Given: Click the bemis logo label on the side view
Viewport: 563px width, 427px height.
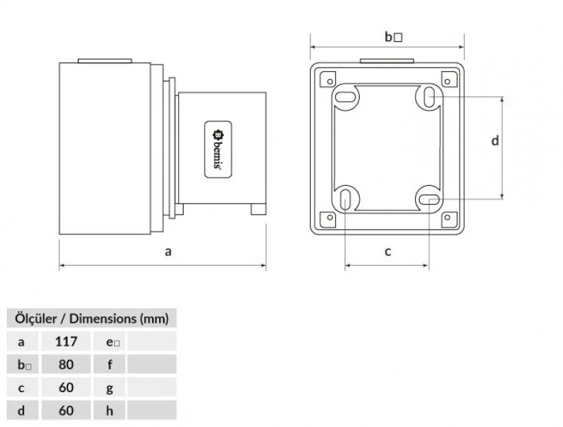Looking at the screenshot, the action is [x=218, y=150].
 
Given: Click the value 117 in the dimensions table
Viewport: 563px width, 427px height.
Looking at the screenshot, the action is [x=66, y=342].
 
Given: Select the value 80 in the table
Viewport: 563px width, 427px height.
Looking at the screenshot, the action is [x=66, y=364].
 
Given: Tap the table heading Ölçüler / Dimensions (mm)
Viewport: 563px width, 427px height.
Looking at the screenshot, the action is [x=91, y=318].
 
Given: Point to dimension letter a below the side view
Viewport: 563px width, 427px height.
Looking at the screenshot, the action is [x=168, y=251].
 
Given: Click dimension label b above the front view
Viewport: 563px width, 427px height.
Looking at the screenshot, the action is [x=394, y=37].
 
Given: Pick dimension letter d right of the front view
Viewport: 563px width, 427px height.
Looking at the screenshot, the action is [x=495, y=141].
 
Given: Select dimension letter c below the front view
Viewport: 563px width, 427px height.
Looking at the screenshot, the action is [x=388, y=251].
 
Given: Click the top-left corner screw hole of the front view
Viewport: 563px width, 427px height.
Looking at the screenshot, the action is [x=330, y=81].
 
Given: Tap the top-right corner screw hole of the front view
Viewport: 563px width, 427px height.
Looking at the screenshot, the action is [x=447, y=81].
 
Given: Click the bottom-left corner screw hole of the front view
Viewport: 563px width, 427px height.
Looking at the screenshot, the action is [x=330, y=217].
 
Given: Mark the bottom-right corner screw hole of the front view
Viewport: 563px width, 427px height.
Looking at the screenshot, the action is [x=448, y=217].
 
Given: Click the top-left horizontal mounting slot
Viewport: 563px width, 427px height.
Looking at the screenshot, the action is [x=345, y=97].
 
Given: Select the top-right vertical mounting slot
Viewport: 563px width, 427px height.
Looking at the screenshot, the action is [x=429, y=97].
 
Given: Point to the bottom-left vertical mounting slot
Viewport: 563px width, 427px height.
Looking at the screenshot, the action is [x=345, y=199].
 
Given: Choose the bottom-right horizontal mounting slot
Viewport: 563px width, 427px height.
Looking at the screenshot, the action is [x=429, y=199].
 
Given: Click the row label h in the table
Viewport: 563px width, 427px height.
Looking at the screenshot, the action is [x=109, y=411].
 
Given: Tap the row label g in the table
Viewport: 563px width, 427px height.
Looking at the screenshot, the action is [x=109, y=388].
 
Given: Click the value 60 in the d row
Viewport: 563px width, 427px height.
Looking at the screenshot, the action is [x=66, y=411].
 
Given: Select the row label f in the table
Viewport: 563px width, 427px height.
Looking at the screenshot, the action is [x=109, y=364].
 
